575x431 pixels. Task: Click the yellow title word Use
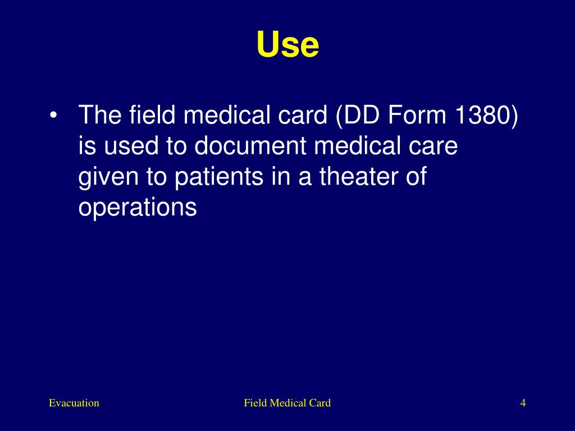tap(287, 45)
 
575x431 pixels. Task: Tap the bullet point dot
tap(53, 116)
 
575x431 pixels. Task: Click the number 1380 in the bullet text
tap(483, 116)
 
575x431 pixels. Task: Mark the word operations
tap(138, 208)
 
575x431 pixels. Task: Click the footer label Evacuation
tap(74, 403)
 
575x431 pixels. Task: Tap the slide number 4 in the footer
tap(523, 403)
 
